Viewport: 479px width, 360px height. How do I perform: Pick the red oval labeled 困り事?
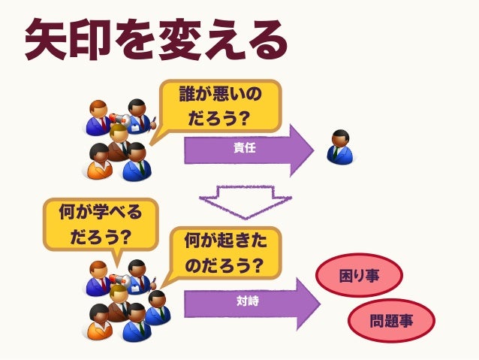pyautogui.click(x=360, y=275)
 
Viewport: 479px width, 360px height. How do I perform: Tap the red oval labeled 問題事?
pyautogui.click(x=391, y=321)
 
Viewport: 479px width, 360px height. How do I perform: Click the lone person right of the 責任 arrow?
pyautogui.click(x=340, y=147)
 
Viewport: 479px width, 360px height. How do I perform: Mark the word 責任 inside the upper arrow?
pyautogui.click(x=245, y=148)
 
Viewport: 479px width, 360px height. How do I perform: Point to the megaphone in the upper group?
pyautogui.click(x=119, y=118)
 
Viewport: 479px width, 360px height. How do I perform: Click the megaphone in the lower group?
pyautogui.click(x=119, y=279)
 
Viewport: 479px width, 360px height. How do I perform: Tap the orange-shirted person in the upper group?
pyautogui.click(x=98, y=162)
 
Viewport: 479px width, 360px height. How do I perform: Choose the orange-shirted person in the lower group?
pyautogui.click(x=98, y=322)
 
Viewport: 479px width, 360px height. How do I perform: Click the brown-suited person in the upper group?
pyautogui.click(x=119, y=143)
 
